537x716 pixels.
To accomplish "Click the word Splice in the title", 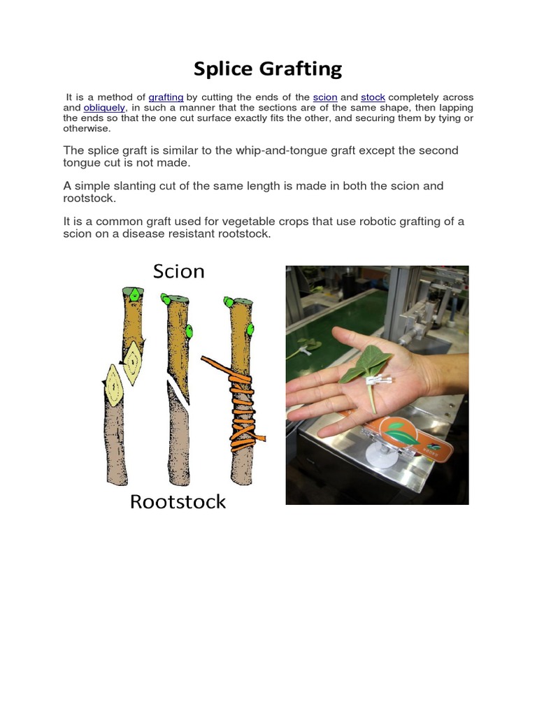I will [223, 69].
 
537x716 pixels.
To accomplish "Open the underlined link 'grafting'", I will [166, 97].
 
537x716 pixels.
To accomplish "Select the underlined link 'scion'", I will [325, 97].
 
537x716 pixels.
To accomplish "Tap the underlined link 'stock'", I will [373, 97].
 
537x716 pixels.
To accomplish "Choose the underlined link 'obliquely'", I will [104, 108].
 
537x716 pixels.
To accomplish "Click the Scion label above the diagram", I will [179, 271].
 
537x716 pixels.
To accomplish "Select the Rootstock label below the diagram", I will [178, 501].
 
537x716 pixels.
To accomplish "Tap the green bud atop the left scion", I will [131, 291].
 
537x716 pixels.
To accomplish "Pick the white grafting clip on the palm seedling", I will [378, 381].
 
